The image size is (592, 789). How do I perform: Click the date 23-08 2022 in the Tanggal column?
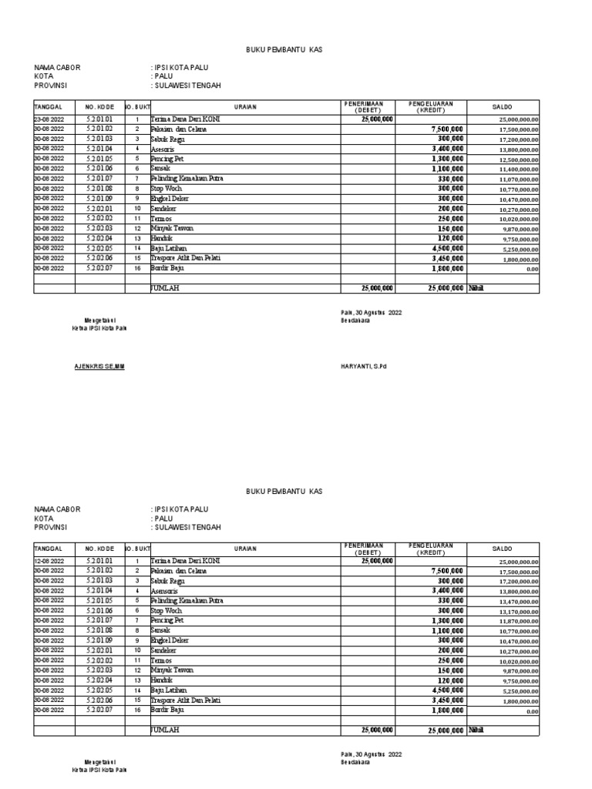click(52, 119)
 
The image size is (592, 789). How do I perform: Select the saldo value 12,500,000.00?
click(518, 160)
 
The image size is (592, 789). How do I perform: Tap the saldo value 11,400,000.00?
click(518, 170)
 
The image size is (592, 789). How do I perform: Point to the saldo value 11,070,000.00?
click(518, 180)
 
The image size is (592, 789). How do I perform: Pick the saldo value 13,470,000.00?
click(518, 602)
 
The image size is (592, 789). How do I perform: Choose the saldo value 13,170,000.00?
click(518, 612)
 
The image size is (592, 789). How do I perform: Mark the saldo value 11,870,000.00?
click(518, 622)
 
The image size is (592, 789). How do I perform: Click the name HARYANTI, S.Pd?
click(363, 366)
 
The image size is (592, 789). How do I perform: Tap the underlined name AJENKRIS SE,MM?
click(99, 366)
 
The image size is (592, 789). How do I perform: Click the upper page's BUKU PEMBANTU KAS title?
click(284, 49)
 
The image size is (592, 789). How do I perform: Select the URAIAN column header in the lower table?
click(246, 549)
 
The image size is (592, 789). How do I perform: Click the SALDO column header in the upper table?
click(503, 106)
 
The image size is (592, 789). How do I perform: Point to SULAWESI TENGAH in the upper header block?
click(186, 86)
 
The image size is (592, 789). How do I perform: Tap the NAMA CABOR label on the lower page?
click(57, 509)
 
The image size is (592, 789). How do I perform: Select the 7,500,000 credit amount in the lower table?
click(445, 572)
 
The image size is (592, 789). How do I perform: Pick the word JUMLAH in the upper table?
click(164, 287)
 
